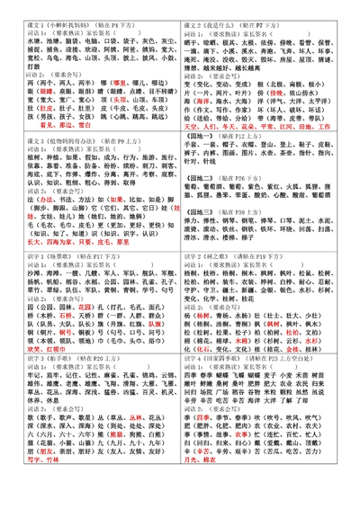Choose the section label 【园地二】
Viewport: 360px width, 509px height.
coord(204,180)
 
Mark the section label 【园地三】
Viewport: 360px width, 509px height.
coord(204,210)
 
